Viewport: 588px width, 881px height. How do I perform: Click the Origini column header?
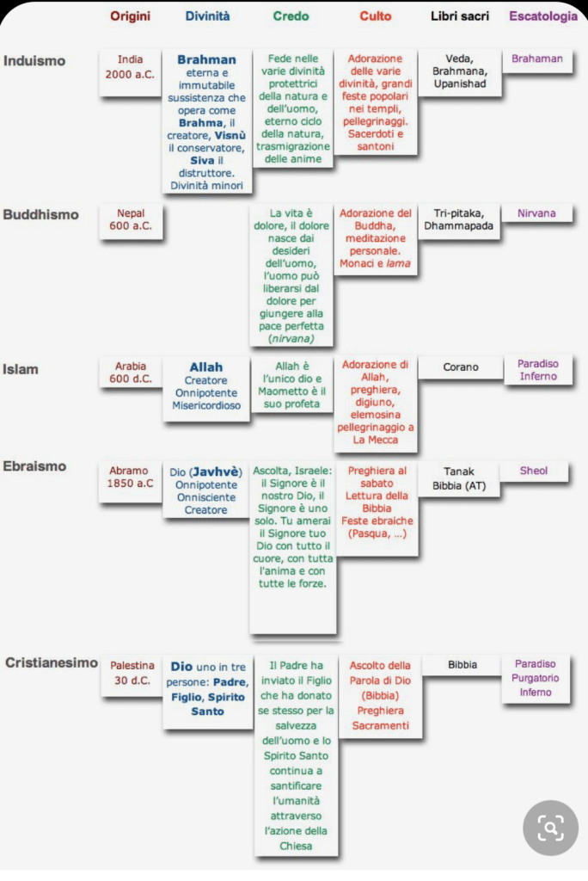[131, 15]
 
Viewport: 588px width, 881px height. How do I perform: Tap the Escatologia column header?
[543, 15]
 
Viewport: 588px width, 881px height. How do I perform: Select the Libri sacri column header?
[460, 15]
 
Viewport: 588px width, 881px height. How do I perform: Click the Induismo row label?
[34, 61]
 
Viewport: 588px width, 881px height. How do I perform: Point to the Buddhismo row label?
[40, 214]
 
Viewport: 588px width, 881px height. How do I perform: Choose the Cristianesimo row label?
[51, 662]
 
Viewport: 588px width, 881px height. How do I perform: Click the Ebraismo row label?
[34, 466]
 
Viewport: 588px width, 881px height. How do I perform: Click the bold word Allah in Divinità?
[206, 367]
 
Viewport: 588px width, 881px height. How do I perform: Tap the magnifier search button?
[550, 828]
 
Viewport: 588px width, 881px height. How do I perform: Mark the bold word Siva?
[202, 161]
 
